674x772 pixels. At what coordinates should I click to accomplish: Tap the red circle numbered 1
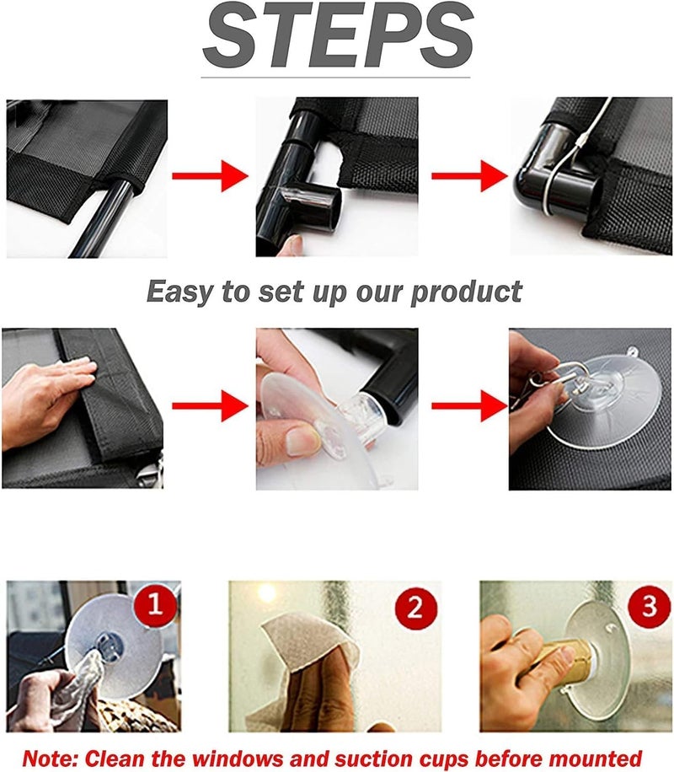click(155, 603)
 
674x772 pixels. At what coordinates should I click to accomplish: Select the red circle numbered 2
click(415, 607)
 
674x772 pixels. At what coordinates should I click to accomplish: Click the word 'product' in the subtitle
click(466, 292)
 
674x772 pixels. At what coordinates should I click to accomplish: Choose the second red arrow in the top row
click(469, 176)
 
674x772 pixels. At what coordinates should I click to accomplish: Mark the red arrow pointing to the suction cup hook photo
click(469, 405)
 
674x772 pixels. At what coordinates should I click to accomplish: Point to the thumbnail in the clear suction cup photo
click(301, 441)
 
